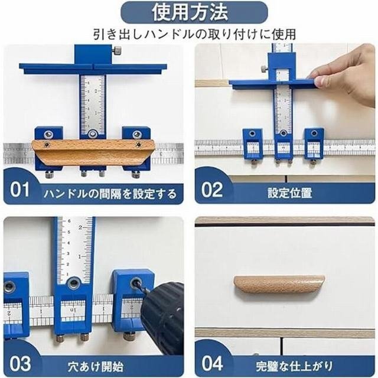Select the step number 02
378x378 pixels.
point(212,190)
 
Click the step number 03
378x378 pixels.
point(21,361)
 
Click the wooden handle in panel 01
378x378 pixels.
point(93,152)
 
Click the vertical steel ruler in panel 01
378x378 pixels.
point(93,103)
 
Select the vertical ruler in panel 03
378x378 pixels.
point(74,248)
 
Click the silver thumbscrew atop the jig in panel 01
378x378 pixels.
point(117,50)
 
